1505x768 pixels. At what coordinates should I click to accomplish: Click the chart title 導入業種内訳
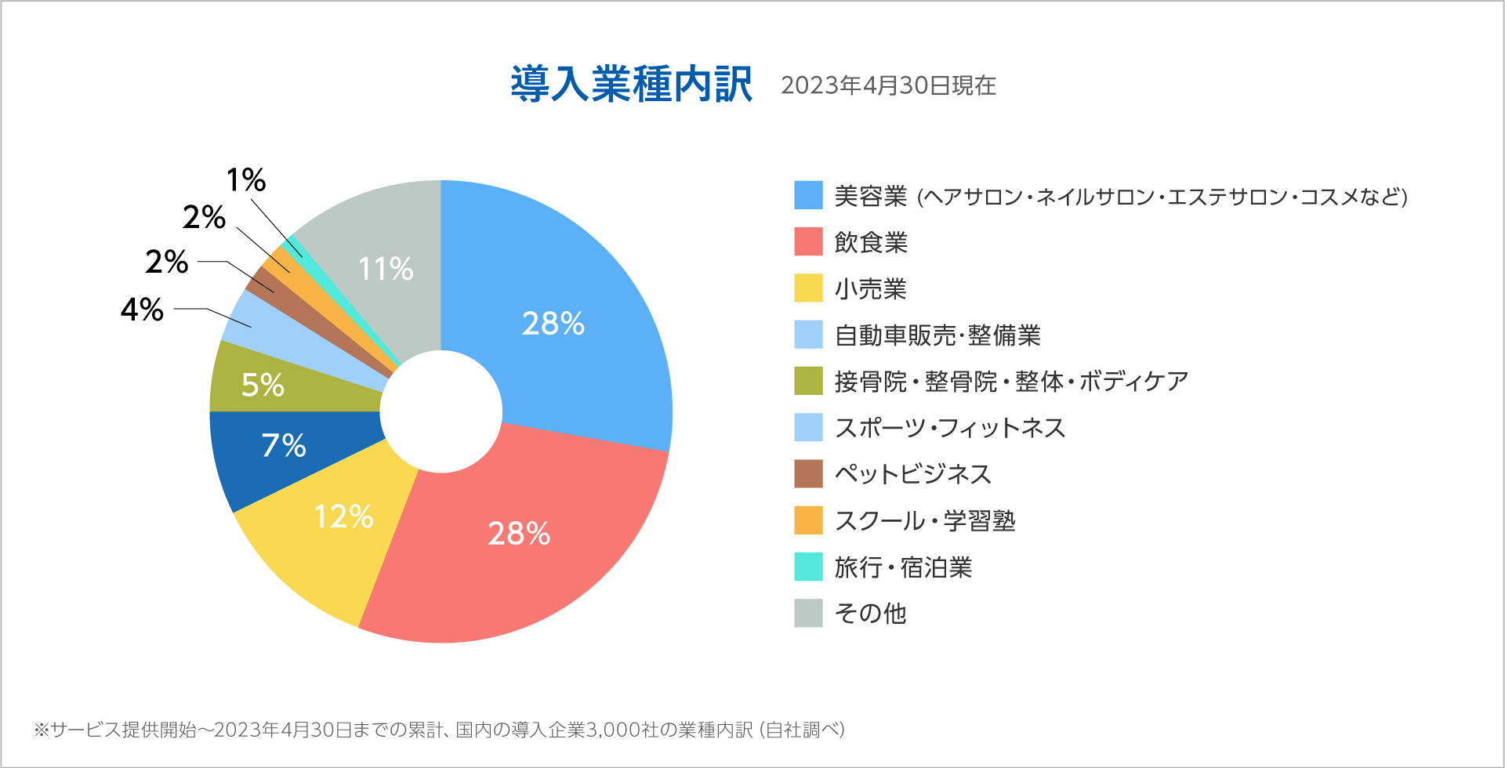631,85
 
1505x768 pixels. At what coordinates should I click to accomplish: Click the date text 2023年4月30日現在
888,85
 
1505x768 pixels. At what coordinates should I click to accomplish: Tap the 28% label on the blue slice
553,324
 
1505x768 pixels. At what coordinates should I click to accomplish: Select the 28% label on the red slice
519,534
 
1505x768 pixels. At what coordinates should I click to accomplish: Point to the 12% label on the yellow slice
343,516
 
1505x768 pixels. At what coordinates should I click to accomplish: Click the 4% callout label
142,310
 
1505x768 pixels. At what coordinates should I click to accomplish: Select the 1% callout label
246,180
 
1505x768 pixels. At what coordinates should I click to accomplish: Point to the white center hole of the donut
441,411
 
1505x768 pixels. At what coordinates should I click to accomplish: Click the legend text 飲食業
871,242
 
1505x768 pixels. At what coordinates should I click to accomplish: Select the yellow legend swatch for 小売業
808,288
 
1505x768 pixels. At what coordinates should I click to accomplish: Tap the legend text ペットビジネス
913,474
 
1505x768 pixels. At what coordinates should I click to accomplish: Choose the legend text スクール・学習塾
925,520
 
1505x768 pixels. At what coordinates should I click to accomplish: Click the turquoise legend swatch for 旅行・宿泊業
808,567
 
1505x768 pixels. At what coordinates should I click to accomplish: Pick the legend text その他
870,613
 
